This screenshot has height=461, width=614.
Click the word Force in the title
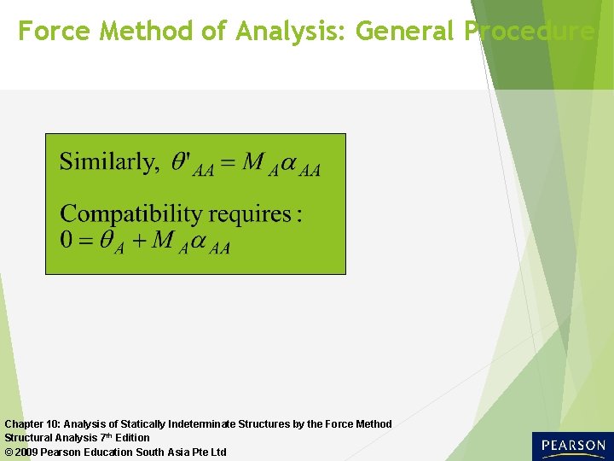[x=55, y=32]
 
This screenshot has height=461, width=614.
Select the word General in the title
[x=406, y=32]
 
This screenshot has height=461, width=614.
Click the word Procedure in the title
[x=530, y=32]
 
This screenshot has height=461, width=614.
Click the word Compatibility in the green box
[x=134, y=213]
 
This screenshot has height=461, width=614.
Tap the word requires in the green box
[x=252, y=214]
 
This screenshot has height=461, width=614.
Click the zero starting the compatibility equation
[x=67, y=240]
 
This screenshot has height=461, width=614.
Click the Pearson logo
[x=571, y=446]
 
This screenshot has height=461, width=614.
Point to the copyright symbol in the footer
[x=9, y=452]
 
